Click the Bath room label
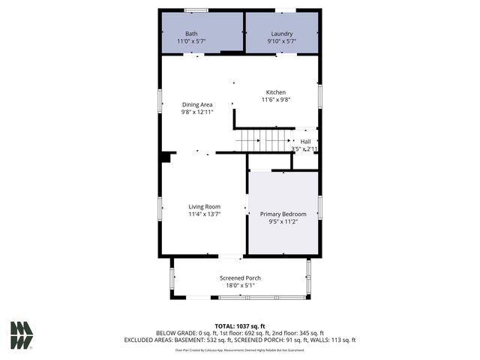pyautogui.click(x=191, y=34)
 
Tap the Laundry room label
pyautogui.click(x=281, y=34)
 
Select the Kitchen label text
pyautogui.click(x=276, y=91)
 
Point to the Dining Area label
pyautogui.click(x=197, y=104)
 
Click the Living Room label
pyautogui.click(x=203, y=206)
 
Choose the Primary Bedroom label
pyautogui.click(x=283, y=214)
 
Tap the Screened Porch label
pyautogui.click(x=240, y=277)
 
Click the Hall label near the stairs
pyautogui.click(x=305, y=141)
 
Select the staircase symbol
pyautogui.click(x=262, y=140)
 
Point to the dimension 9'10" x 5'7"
pyautogui.click(x=281, y=41)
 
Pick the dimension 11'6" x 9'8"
pyautogui.click(x=276, y=99)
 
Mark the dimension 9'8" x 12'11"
pyautogui.click(x=197, y=112)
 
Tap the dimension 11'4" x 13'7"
pyautogui.click(x=203, y=214)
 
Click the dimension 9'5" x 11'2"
pyautogui.click(x=283, y=221)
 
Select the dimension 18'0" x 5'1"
pyautogui.click(x=240, y=285)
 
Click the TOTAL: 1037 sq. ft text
pyautogui.click(x=240, y=325)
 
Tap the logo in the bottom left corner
pyautogui.click(x=21, y=334)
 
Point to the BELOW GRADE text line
pyautogui.click(x=240, y=332)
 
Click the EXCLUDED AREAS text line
pyautogui.click(x=240, y=340)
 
